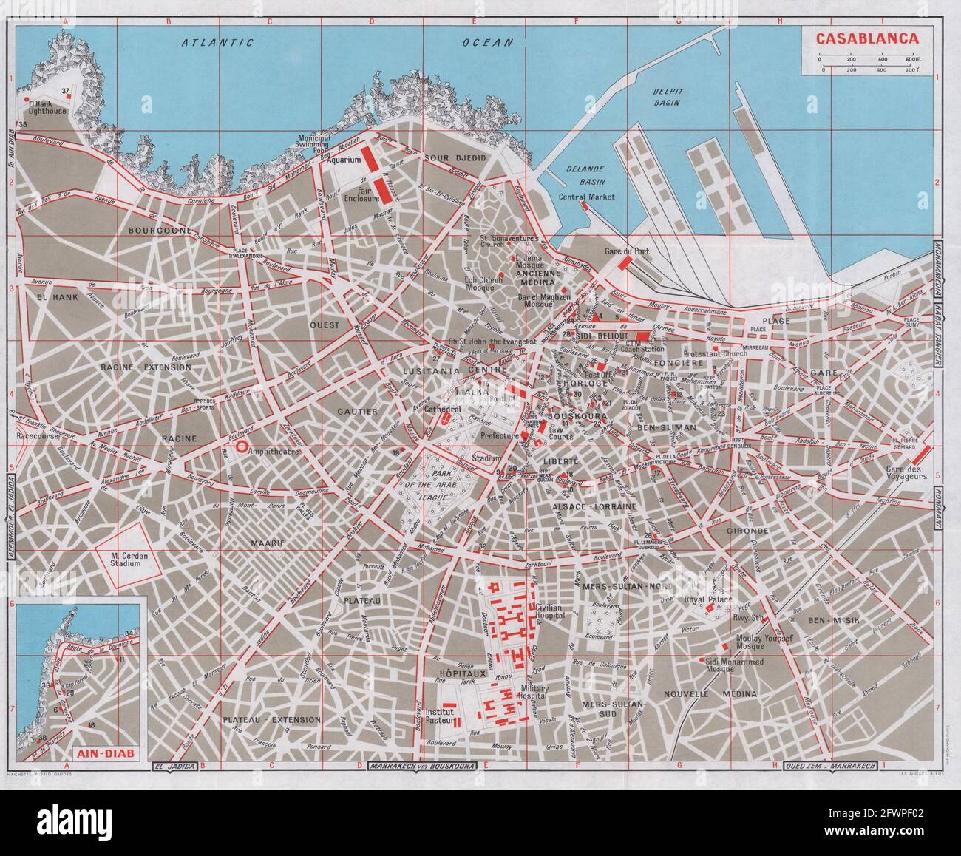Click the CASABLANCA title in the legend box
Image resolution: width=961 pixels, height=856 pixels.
tap(866, 38)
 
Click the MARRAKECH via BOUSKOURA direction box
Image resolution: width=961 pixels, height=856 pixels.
tap(424, 766)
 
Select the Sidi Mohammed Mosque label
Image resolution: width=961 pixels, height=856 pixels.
tap(732, 663)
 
